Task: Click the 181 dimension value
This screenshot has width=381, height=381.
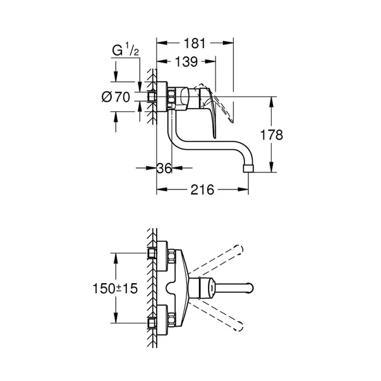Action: pos(195,44)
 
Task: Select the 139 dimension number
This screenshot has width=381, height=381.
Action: pos(185,62)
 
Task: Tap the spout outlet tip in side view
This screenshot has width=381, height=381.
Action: pos(249,168)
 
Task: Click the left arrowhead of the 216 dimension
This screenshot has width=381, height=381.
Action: pos(159,190)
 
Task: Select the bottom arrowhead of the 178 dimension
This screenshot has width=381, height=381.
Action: pos(272,170)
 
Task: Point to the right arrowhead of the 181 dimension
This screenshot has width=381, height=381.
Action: pos(231,44)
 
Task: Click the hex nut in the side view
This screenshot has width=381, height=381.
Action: pos(171,97)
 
